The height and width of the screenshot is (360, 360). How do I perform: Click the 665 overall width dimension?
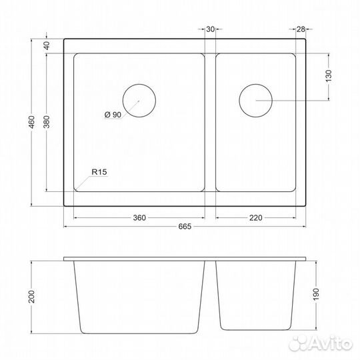click(185, 227)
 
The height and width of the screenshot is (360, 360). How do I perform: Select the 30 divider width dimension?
click(210, 29)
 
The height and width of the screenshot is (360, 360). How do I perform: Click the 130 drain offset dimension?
click(328, 77)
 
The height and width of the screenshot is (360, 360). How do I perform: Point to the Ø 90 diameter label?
click(113, 115)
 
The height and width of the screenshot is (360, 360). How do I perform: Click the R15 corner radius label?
click(99, 172)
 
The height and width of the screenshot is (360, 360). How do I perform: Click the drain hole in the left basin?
click(139, 101)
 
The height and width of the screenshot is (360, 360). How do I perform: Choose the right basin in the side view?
click(257, 293)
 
